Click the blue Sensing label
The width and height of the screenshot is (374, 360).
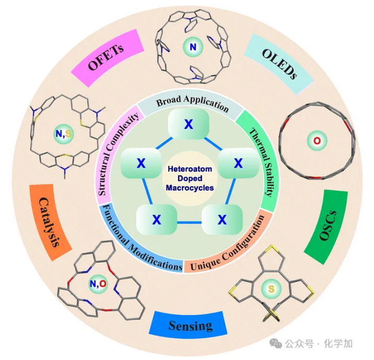(190, 326)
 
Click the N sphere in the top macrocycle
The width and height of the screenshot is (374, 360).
(193, 49)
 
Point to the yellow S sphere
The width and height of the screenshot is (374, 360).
(271, 288)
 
